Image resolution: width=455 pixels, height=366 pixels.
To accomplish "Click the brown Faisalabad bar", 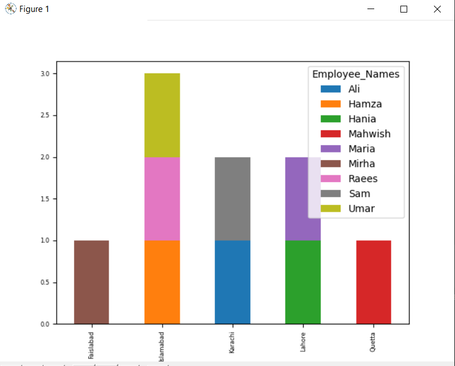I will pos(91,282).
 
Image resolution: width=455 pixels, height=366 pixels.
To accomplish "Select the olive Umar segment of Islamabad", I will pos(162,115).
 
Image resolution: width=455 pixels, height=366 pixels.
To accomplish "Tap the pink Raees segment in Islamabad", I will pos(162,199).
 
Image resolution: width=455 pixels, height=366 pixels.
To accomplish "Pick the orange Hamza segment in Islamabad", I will pos(162,282).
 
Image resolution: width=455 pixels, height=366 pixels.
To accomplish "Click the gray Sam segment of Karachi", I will pos(233,199).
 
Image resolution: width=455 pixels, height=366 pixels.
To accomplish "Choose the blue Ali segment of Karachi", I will pos(233,282).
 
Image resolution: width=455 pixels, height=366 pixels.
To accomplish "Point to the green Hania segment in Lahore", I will pos(303,282).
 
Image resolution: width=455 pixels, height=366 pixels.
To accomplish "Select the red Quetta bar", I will pos(374,282).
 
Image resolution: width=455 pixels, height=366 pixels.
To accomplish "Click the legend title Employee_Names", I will pos(355,75).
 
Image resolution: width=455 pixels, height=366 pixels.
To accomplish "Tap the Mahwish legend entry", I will pos(369,134).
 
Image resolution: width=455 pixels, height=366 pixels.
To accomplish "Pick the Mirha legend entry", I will pos(362,164).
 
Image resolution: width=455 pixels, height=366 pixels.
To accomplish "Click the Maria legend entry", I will pos(362,149).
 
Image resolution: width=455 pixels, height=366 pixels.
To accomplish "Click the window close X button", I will pos(437,9).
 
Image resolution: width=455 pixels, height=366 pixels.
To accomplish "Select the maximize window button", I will pos(404,9).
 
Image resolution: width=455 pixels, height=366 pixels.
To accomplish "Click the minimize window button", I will pos(371,9).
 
